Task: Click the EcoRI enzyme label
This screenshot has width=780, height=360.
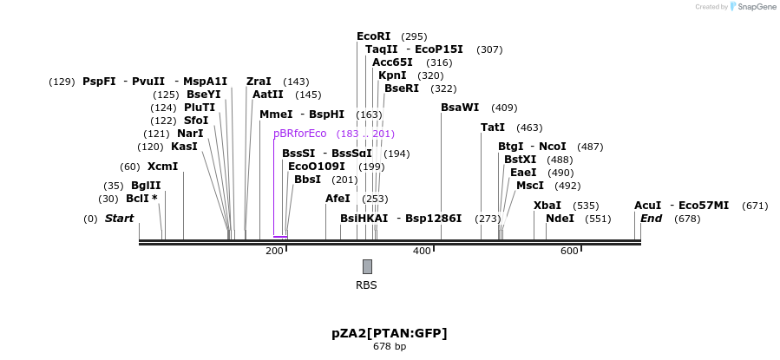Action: pos(373,36)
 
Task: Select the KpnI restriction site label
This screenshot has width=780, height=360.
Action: pos(392,75)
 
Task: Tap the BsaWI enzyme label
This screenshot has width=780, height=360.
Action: pos(460,108)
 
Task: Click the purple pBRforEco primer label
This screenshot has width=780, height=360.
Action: pos(299,134)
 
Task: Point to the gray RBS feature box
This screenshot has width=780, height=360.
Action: pos(367,266)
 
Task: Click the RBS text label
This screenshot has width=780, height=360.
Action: pos(366,285)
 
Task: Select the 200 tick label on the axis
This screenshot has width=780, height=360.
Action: pos(274,251)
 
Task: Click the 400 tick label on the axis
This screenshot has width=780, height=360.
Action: pos(422,251)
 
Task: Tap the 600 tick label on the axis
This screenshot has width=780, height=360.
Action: pos(569,251)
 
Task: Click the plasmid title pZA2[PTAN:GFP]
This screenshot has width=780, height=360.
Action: pos(390,333)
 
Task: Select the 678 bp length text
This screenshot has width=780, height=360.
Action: pos(390,347)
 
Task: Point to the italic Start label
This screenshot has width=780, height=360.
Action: pos(119,219)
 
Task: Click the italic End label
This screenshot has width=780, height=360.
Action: pos(651,219)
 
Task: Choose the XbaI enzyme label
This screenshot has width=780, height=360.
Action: pos(547,206)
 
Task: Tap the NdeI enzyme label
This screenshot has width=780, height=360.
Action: pos(560,219)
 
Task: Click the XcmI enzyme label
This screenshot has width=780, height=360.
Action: pos(162,167)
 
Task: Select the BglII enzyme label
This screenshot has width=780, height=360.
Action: pos(145,186)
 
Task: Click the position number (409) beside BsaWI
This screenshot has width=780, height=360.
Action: pos(504,108)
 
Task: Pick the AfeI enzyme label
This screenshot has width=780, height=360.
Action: pos(338,199)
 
